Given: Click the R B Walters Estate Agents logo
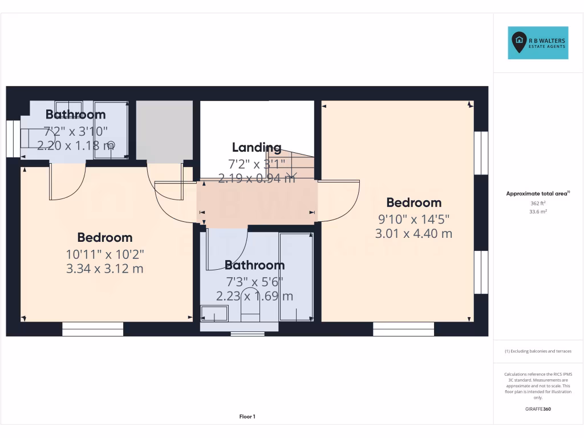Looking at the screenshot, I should [538, 43].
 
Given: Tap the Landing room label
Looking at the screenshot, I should [256, 148].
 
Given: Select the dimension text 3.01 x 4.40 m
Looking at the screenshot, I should [413, 233].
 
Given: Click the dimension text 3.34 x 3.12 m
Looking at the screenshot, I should [105, 268].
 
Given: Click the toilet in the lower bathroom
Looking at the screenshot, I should [250, 308].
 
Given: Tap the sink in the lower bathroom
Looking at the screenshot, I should [214, 313].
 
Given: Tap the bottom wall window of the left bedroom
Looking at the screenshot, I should [92, 329].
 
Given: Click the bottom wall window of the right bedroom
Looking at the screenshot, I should [404, 329].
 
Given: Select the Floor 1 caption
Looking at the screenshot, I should [247, 417].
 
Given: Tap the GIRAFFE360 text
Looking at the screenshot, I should [538, 409].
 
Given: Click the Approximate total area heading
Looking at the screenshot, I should [537, 194].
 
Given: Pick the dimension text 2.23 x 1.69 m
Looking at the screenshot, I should [254, 296].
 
